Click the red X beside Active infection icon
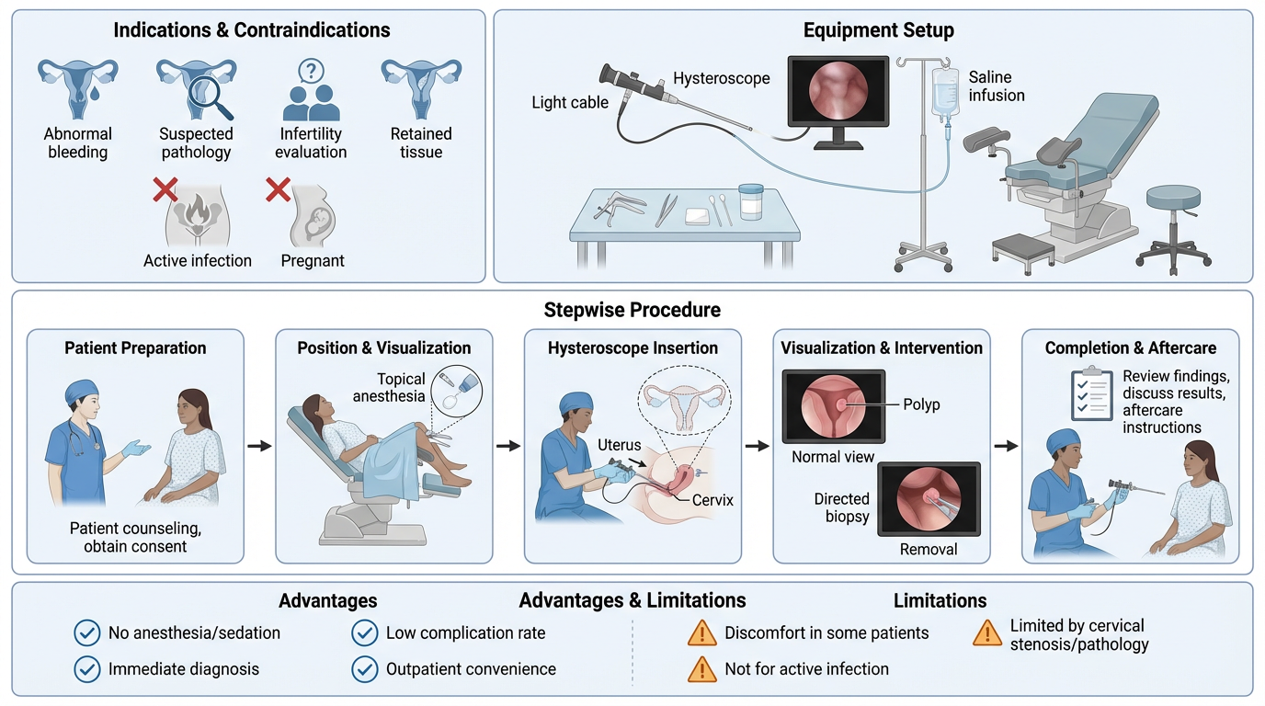(165, 190)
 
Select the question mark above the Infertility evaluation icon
(312, 71)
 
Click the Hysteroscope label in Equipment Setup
(722, 79)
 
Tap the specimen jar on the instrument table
(752, 201)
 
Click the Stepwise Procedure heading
(632, 310)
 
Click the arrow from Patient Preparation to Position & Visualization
(260, 446)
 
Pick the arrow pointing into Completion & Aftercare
(1007, 446)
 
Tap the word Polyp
(921, 404)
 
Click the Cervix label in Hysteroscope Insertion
(712, 500)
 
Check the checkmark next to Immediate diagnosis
(87, 669)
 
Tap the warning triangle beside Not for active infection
(701, 669)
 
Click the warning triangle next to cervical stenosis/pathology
(987, 633)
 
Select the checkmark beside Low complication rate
(365, 632)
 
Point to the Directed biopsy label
(841, 507)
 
